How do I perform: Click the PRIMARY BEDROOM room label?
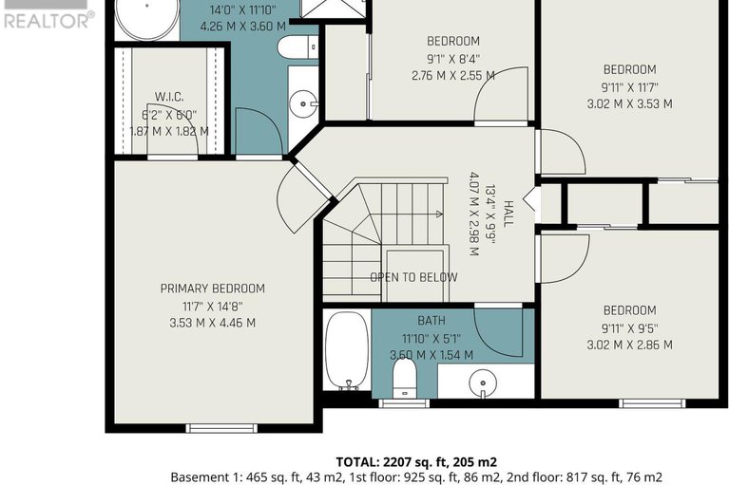pyautogui.click(x=213, y=289)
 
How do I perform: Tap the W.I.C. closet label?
pyautogui.click(x=169, y=97)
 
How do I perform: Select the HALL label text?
pyautogui.click(x=508, y=214)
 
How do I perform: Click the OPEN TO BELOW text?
pyautogui.click(x=413, y=277)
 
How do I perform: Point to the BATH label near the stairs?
pyautogui.click(x=432, y=321)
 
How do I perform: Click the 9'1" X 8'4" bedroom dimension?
pyautogui.click(x=453, y=59)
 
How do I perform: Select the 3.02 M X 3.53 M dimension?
pyautogui.click(x=629, y=104)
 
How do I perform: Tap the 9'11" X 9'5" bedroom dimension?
pyautogui.click(x=629, y=328)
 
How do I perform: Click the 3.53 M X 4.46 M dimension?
pyautogui.click(x=213, y=323)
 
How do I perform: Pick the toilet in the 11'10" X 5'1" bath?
pyautogui.click(x=404, y=378)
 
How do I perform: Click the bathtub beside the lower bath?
pyautogui.click(x=347, y=350)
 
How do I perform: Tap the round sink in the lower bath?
pyautogui.click(x=483, y=383)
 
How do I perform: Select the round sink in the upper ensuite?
pyautogui.click(x=303, y=104)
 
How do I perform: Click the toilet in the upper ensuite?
pyautogui.click(x=297, y=47)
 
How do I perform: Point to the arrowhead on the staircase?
pyautogui.click(x=439, y=214)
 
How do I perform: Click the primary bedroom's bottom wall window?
pyautogui.click(x=221, y=428)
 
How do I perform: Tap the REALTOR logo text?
pyautogui.click(x=48, y=21)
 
